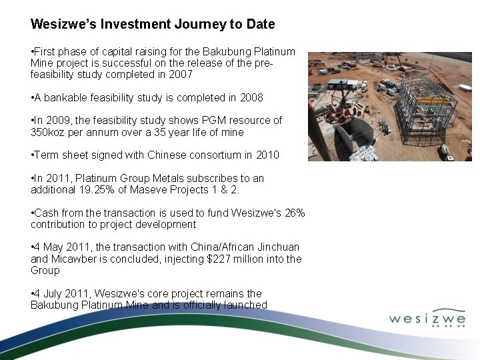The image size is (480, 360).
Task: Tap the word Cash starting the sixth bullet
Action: (46, 213)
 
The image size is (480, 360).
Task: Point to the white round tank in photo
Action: (465, 87)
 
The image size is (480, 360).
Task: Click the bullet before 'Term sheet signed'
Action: (33, 155)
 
